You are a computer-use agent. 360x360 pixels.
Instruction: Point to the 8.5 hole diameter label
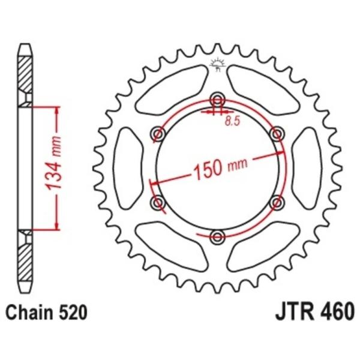(x=233, y=122)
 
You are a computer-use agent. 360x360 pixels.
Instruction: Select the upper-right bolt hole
(x=277, y=133)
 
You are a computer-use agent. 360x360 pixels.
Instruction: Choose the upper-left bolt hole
(x=158, y=133)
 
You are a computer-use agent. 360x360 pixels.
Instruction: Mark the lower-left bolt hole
(x=158, y=203)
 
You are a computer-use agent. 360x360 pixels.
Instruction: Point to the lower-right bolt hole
(x=277, y=203)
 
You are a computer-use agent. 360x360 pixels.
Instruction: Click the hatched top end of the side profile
(x=24, y=75)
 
